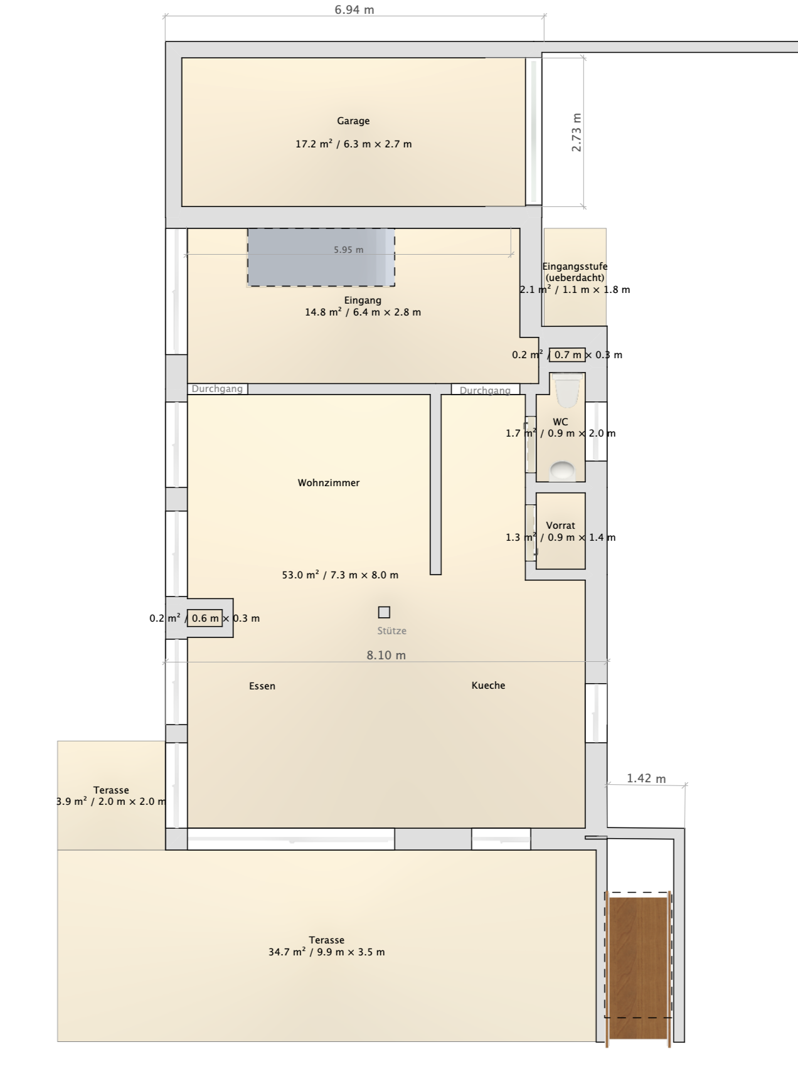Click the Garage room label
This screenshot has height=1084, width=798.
(x=353, y=121)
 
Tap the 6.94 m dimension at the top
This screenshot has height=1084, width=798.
(x=354, y=9)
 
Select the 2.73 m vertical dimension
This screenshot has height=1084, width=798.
(x=577, y=132)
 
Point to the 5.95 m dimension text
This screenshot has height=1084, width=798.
(x=349, y=250)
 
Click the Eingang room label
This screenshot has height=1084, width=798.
(x=363, y=300)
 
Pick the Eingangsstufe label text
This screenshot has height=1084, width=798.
(x=575, y=267)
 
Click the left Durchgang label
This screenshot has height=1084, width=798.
(x=217, y=389)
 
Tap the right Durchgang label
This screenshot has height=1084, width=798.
(x=485, y=391)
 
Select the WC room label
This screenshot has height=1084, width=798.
(x=560, y=422)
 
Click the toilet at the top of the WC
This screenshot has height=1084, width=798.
(x=567, y=389)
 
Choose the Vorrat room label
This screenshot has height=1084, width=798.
(x=560, y=526)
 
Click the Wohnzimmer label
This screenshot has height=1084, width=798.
(x=329, y=483)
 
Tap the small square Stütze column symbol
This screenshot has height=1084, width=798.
(x=384, y=612)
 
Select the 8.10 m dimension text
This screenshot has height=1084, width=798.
(x=386, y=656)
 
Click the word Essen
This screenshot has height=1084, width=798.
(x=262, y=686)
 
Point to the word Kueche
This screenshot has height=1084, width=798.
(x=488, y=686)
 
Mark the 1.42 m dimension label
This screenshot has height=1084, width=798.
(x=646, y=778)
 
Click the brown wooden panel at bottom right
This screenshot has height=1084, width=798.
(x=638, y=968)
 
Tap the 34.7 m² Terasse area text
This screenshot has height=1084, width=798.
(x=327, y=952)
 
